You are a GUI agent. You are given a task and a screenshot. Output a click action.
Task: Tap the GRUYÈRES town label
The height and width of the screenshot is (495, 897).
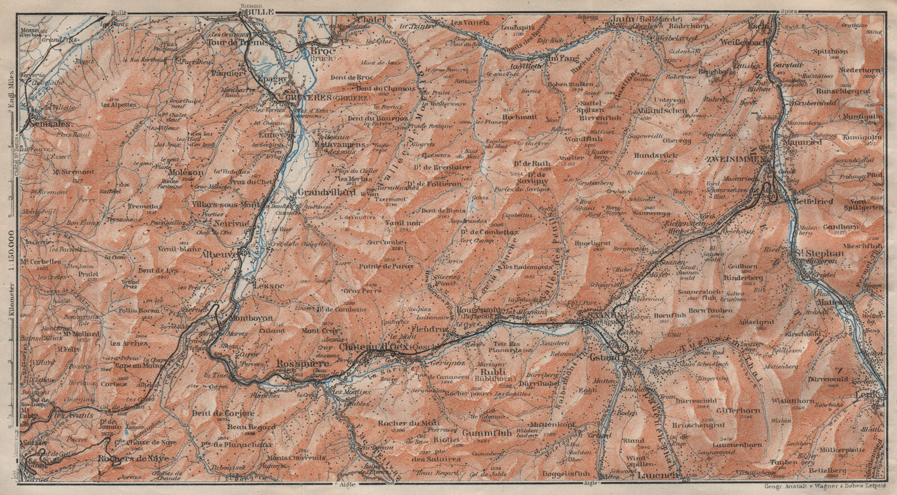pyautogui.click(x=286, y=97)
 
